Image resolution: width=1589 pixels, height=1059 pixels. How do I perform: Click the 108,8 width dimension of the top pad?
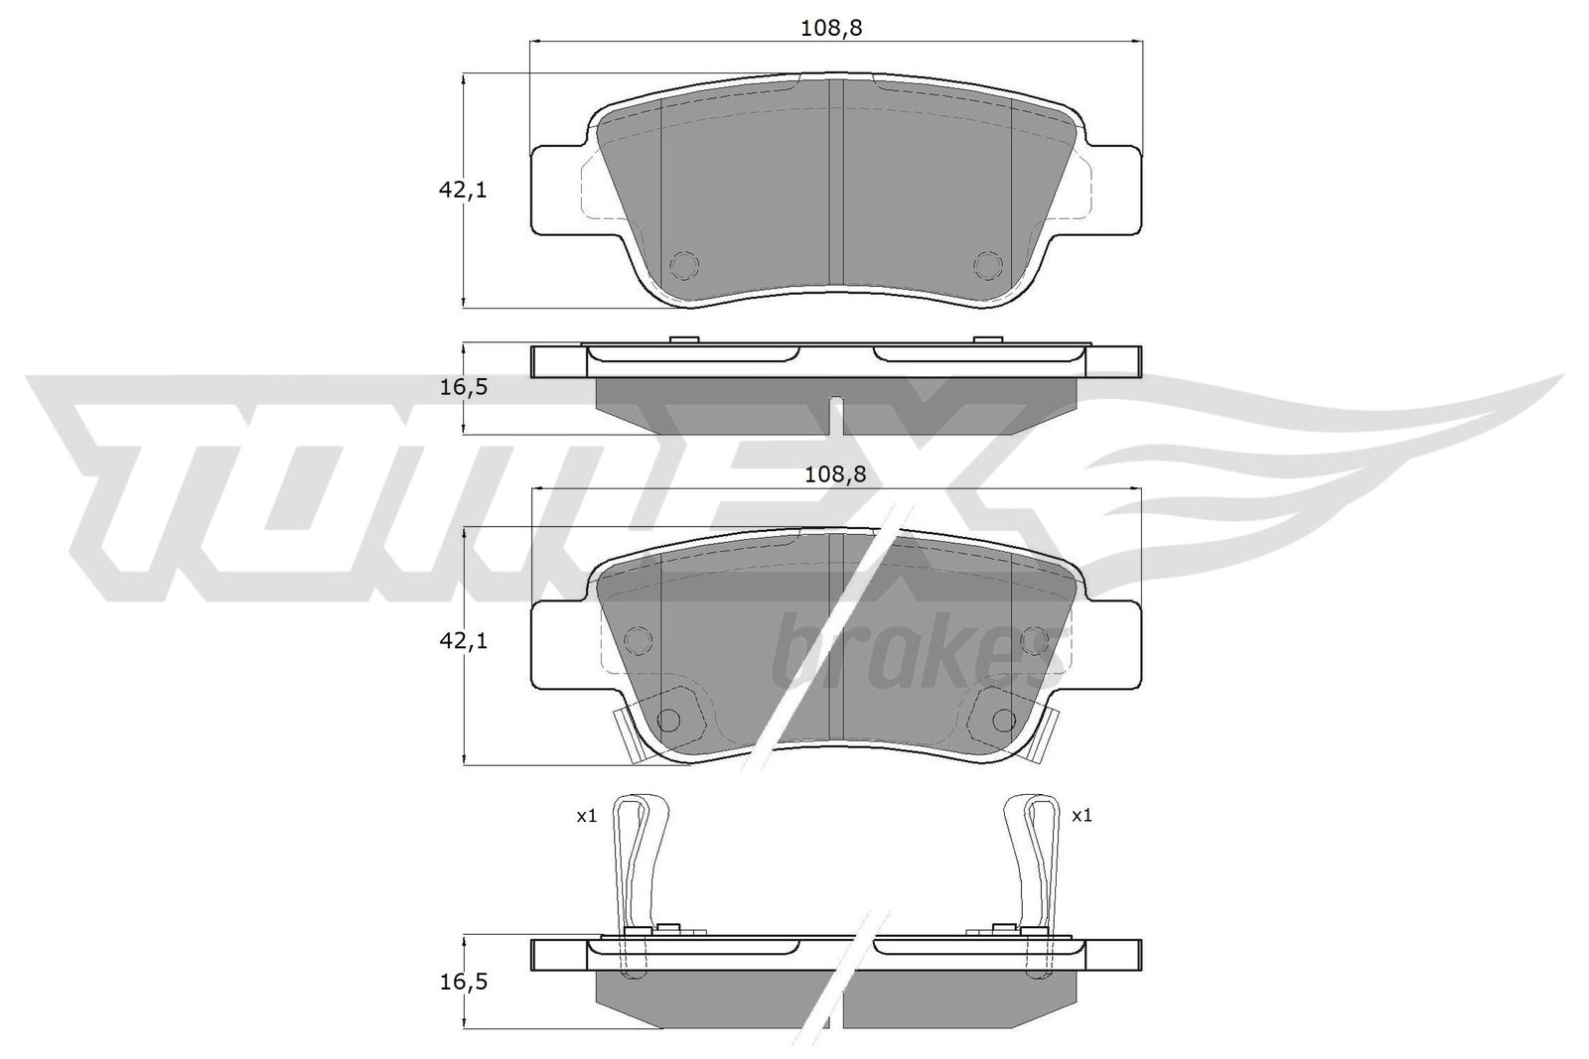click(830, 29)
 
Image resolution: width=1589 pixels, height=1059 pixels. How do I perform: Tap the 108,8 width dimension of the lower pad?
click(835, 474)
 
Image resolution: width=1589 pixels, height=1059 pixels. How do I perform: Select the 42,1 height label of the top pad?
click(463, 190)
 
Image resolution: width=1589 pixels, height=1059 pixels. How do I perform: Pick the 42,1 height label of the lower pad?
click(463, 641)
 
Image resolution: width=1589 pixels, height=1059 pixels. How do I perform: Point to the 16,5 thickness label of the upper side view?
click(463, 388)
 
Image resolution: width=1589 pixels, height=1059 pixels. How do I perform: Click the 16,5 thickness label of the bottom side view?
click(463, 982)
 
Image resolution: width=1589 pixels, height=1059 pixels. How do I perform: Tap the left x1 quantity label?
click(586, 817)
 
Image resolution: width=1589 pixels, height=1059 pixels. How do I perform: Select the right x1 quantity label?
click(1082, 816)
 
